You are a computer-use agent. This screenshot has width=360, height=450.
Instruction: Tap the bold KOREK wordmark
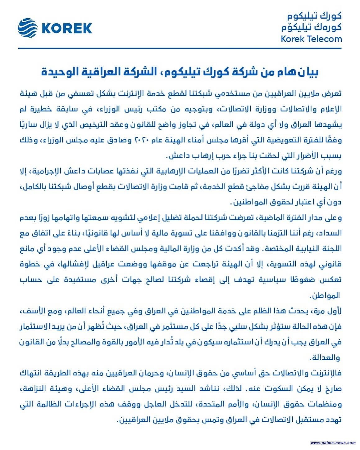[66, 28]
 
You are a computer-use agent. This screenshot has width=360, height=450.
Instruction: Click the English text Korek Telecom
[311, 39]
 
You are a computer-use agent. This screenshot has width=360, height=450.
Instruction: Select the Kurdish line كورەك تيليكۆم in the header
[311, 27]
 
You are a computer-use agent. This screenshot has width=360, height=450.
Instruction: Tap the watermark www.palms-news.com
[333, 443]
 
